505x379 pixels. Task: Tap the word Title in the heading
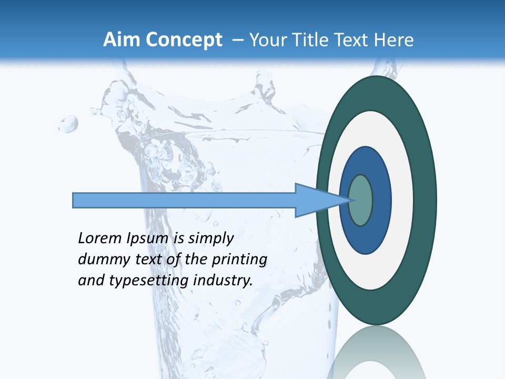317,40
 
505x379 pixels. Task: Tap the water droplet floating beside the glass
68,124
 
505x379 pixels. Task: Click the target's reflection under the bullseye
376,353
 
